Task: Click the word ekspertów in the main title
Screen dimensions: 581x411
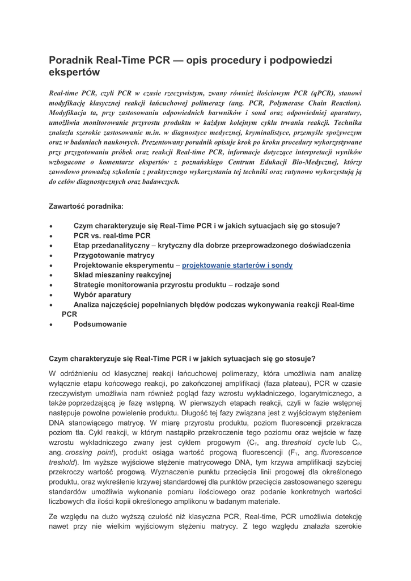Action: (74, 73)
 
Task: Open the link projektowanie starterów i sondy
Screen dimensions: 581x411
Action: (237, 265)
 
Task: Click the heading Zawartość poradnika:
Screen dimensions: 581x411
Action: (86, 207)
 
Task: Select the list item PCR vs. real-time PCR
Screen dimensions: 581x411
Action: (112, 235)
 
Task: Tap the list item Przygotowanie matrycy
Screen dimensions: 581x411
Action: (114, 255)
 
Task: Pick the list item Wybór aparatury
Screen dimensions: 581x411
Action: (102, 294)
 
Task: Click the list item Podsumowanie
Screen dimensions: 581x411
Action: (100, 324)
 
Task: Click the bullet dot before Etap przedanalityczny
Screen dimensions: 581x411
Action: (51, 246)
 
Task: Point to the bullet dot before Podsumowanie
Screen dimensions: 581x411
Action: (51, 325)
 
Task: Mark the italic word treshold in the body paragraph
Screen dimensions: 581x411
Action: (62, 462)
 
